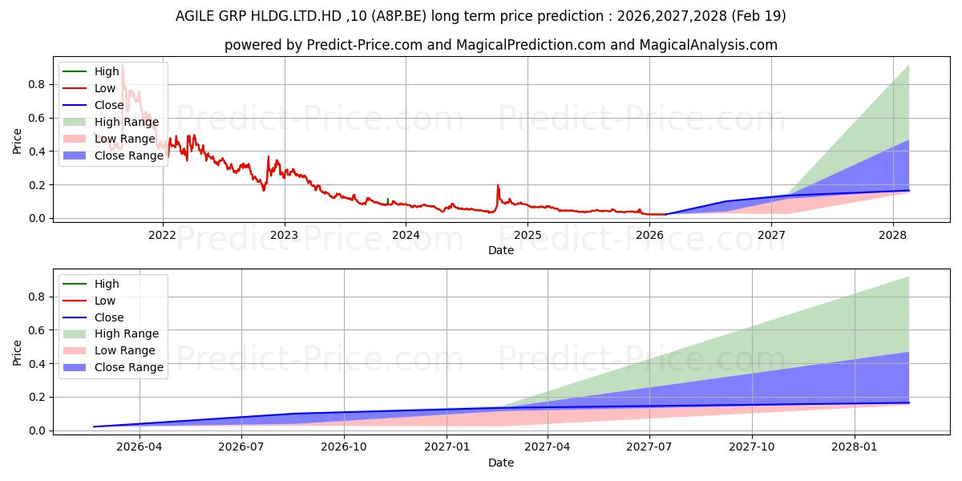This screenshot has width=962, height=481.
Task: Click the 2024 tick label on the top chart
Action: click(406, 236)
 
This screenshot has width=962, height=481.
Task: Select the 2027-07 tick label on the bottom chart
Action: click(649, 447)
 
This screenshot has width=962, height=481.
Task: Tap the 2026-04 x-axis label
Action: click(139, 447)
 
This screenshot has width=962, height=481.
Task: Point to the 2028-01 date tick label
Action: click(855, 447)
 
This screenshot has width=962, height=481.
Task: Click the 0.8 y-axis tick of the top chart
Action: click(37, 84)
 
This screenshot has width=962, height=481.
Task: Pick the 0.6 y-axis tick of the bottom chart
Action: click(37, 330)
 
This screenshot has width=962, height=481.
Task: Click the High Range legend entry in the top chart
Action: click(111, 122)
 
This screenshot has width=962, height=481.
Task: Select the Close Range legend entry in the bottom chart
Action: click(113, 368)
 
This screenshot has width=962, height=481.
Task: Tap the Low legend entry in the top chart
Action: click(89, 88)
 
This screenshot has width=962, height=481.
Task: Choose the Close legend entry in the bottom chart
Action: click(93, 317)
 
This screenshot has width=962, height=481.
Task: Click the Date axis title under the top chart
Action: click(501, 250)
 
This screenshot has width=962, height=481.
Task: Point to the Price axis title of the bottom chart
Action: click(17, 353)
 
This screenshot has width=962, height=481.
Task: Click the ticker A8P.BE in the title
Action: click(399, 16)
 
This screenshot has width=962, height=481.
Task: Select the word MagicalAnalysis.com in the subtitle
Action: click(708, 45)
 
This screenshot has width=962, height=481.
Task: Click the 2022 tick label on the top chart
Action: click(162, 236)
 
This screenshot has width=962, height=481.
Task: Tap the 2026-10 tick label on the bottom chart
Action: click(344, 447)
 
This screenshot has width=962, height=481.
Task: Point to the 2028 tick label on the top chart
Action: click(893, 236)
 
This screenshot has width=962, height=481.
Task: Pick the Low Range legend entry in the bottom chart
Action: click(109, 351)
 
